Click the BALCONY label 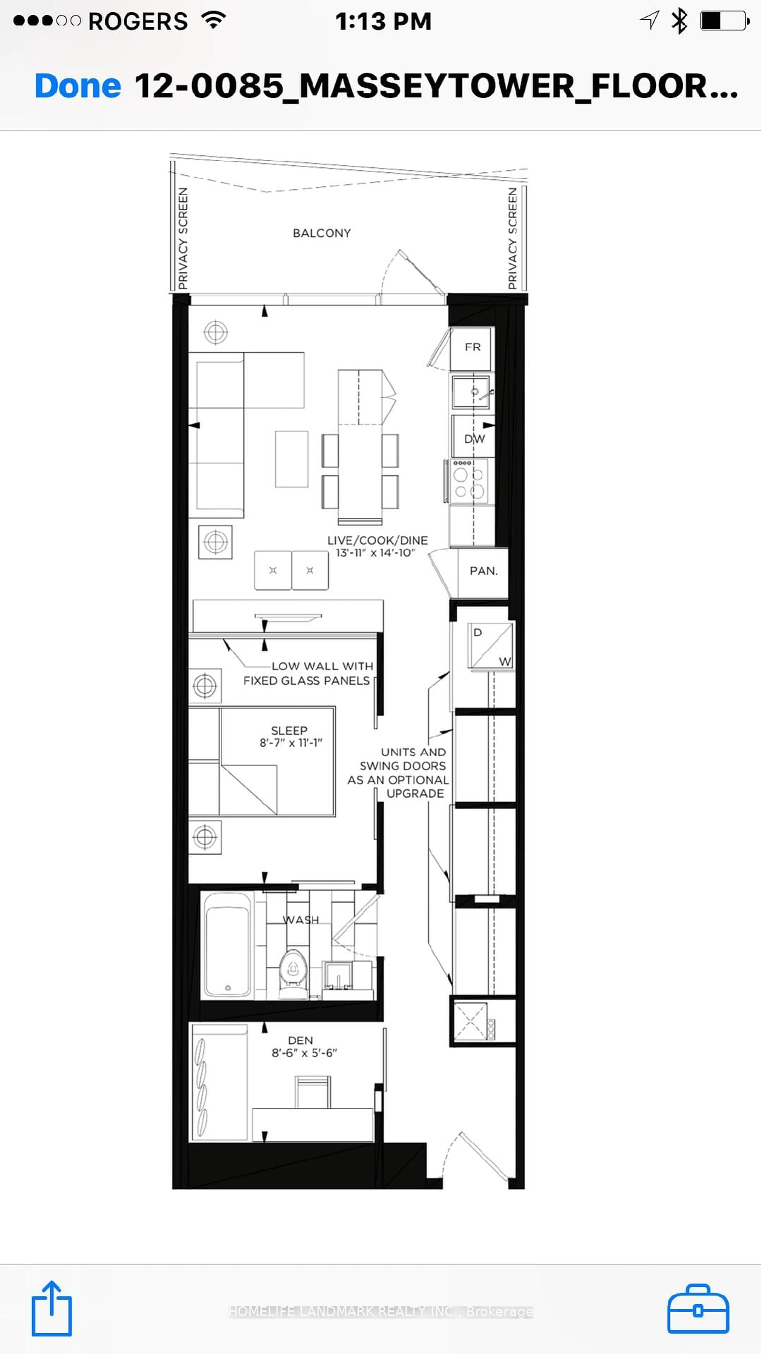click(322, 233)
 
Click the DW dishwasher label click(474, 439)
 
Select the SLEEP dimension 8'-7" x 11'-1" click(291, 743)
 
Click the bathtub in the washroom click(227, 945)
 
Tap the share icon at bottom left click(52, 1309)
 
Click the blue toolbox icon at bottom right click(698, 1309)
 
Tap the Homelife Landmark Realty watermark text click(380, 1311)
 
